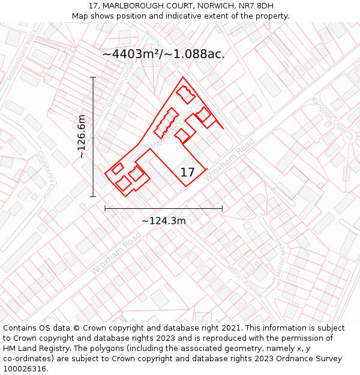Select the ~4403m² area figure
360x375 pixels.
133,54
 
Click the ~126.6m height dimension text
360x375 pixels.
82,137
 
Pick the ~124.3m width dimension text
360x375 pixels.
164,221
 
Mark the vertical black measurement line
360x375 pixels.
93,137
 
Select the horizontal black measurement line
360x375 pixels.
164,209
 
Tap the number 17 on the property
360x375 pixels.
187,173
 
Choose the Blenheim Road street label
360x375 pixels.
163,48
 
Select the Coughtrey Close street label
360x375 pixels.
44,174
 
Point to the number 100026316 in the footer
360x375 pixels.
25,368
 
